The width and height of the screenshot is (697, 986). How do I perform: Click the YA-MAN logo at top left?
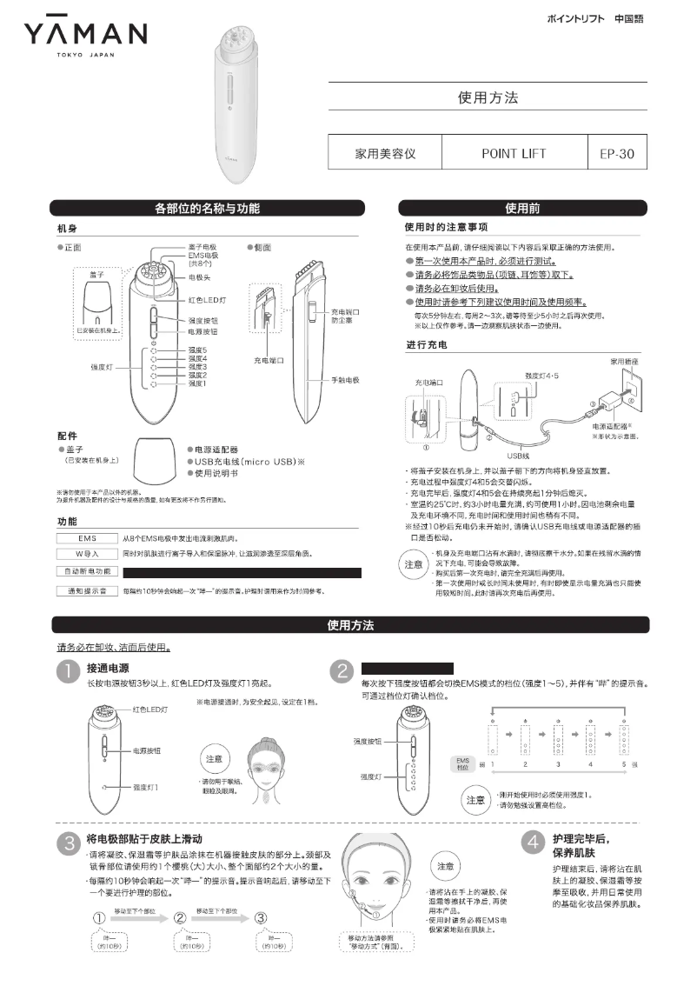click(x=85, y=37)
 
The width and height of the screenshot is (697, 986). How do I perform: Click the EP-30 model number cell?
click(x=617, y=154)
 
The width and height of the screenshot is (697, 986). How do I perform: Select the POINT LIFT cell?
click(x=514, y=154)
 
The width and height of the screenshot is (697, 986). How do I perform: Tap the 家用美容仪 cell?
click(x=385, y=154)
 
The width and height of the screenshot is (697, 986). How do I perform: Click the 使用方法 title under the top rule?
click(x=487, y=97)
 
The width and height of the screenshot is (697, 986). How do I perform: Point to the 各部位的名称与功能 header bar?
click(x=206, y=209)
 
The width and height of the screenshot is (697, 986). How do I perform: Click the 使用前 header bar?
click(x=522, y=209)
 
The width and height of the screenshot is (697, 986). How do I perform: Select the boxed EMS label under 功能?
click(x=86, y=538)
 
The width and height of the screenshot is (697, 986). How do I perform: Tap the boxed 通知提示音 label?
click(x=86, y=591)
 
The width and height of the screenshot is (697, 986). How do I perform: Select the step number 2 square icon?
click(x=344, y=673)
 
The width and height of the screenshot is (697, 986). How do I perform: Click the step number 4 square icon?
click(x=533, y=842)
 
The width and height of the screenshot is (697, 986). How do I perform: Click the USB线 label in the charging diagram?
click(x=519, y=453)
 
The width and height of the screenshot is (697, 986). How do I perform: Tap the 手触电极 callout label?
click(x=344, y=381)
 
